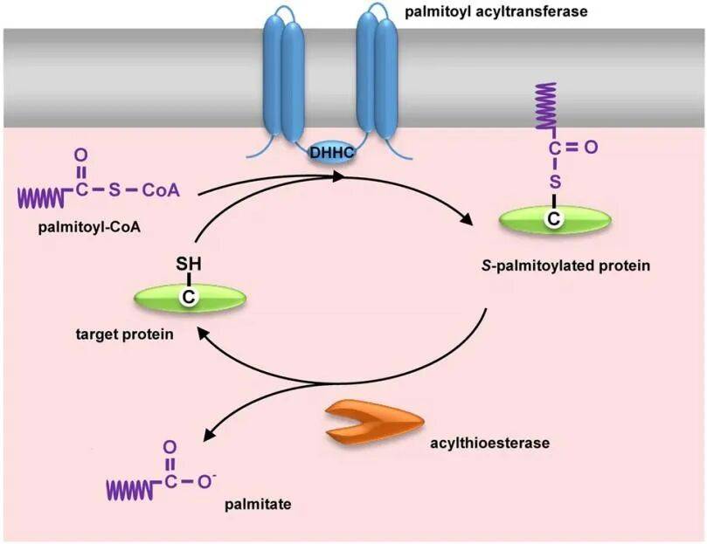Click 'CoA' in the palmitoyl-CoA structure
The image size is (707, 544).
tap(162, 189)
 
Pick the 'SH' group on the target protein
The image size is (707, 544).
tap(189, 263)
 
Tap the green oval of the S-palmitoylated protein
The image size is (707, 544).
tap(552, 220)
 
